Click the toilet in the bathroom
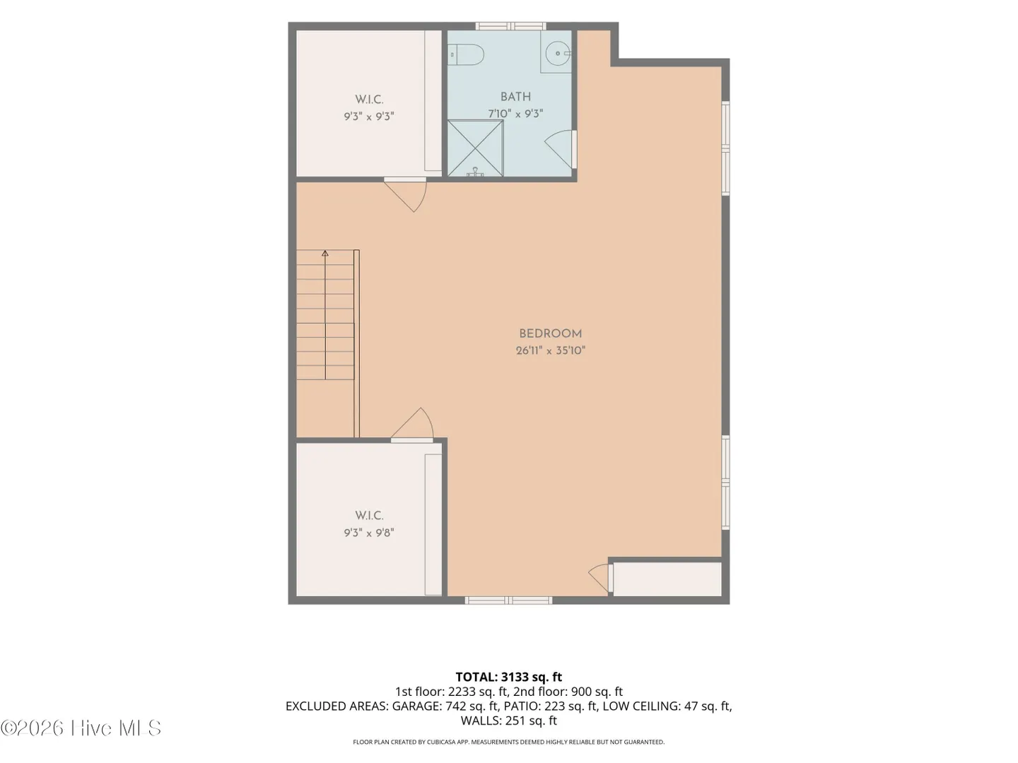[x=466, y=54]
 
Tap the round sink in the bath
[x=557, y=53]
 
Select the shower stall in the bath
[x=475, y=148]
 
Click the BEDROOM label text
[x=550, y=333]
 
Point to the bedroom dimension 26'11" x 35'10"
[x=550, y=350]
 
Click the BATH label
[x=515, y=97]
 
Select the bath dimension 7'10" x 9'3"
[x=515, y=114]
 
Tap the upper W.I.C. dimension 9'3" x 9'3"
[x=369, y=117]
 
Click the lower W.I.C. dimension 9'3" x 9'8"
[x=369, y=533]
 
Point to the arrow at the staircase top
[x=325, y=254]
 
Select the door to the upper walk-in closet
[x=405, y=194]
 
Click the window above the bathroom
[x=510, y=26]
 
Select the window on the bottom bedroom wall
[x=508, y=601]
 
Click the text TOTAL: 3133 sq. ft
[x=509, y=677]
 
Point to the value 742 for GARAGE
[x=455, y=706]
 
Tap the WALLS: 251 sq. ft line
[x=509, y=721]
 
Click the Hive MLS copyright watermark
[x=81, y=728]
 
